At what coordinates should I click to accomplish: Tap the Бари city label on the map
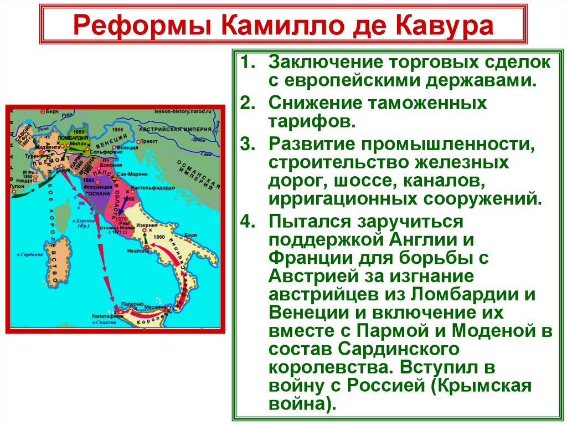[x=191, y=235]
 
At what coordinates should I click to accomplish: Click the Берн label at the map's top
[x=53, y=111]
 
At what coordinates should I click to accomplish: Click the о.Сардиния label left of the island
[x=30, y=254]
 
